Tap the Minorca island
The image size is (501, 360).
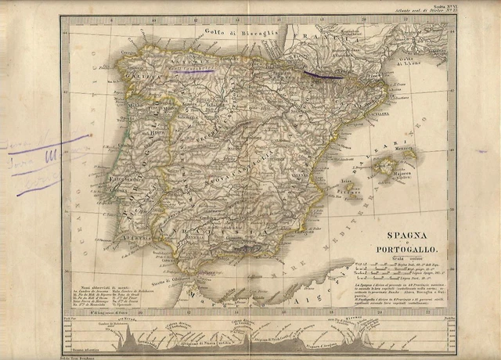pos(405,154)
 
